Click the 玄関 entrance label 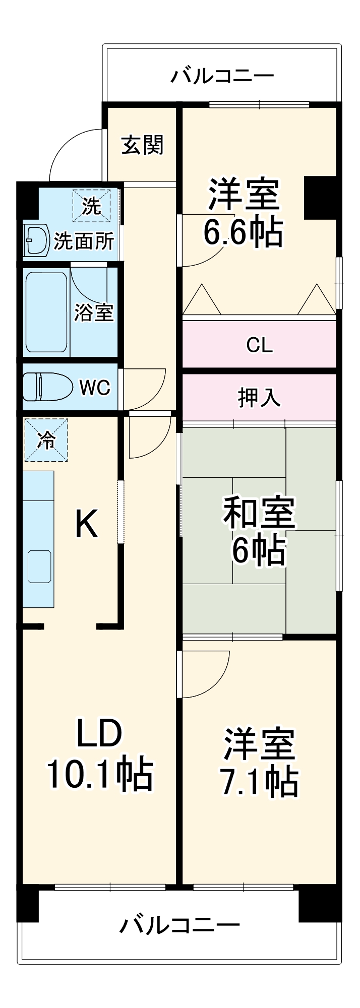pyautogui.click(x=142, y=145)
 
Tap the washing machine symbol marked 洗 pyautogui.click(x=92, y=206)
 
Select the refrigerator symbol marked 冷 pyautogui.click(x=46, y=440)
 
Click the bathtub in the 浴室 pyautogui.click(x=46, y=312)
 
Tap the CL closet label pyautogui.click(x=259, y=345)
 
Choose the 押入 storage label pyautogui.click(x=259, y=398)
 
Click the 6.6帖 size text pyautogui.click(x=243, y=232)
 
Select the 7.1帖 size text pyautogui.click(x=259, y=782)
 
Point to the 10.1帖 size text pyautogui.click(x=99, y=774)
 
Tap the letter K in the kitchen pyautogui.click(x=86, y=524)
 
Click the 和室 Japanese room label pyautogui.click(x=259, y=512)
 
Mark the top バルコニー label pyautogui.click(x=222, y=76)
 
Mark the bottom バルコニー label pyautogui.click(x=179, y=925)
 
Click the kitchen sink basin pyautogui.click(x=39, y=566)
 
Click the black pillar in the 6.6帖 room pyautogui.click(x=320, y=197)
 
